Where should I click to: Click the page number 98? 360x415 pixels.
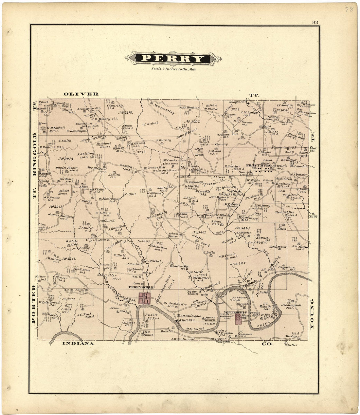(x=315, y=22)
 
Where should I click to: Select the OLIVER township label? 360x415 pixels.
(x=81, y=94)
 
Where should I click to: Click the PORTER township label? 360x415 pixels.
(x=33, y=304)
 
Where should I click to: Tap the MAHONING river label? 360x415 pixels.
(x=193, y=327)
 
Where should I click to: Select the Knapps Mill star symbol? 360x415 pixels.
(x=248, y=104)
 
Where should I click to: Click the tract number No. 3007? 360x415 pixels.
(x=193, y=122)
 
